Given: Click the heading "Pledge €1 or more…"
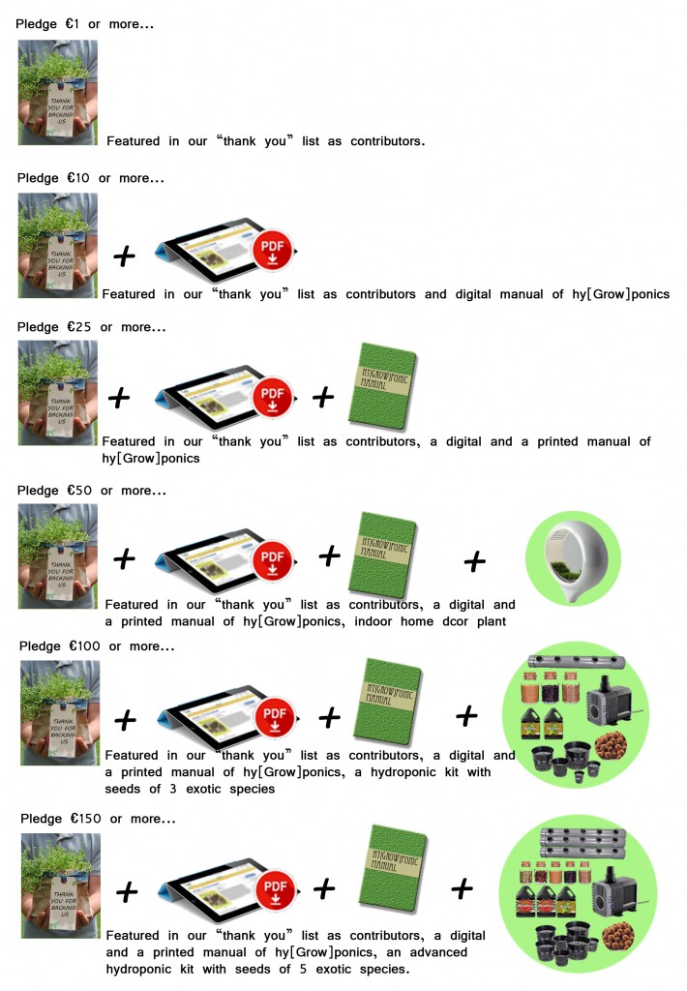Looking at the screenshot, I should pyautogui.click(x=84, y=23).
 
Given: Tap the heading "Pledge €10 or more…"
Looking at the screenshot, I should pyautogui.click(x=90, y=178).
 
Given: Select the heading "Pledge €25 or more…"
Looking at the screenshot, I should pyautogui.click(x=91, y=327).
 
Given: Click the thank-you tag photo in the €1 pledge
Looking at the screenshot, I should pyautogui.click(x=58, y=93).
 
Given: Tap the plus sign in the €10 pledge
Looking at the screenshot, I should pyautogui.click(x=124, y=256).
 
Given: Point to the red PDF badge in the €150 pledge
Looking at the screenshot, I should pyautogui.click(x=275, y=886).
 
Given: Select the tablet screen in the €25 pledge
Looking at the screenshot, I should pyautogui.click(x=206, y=396).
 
